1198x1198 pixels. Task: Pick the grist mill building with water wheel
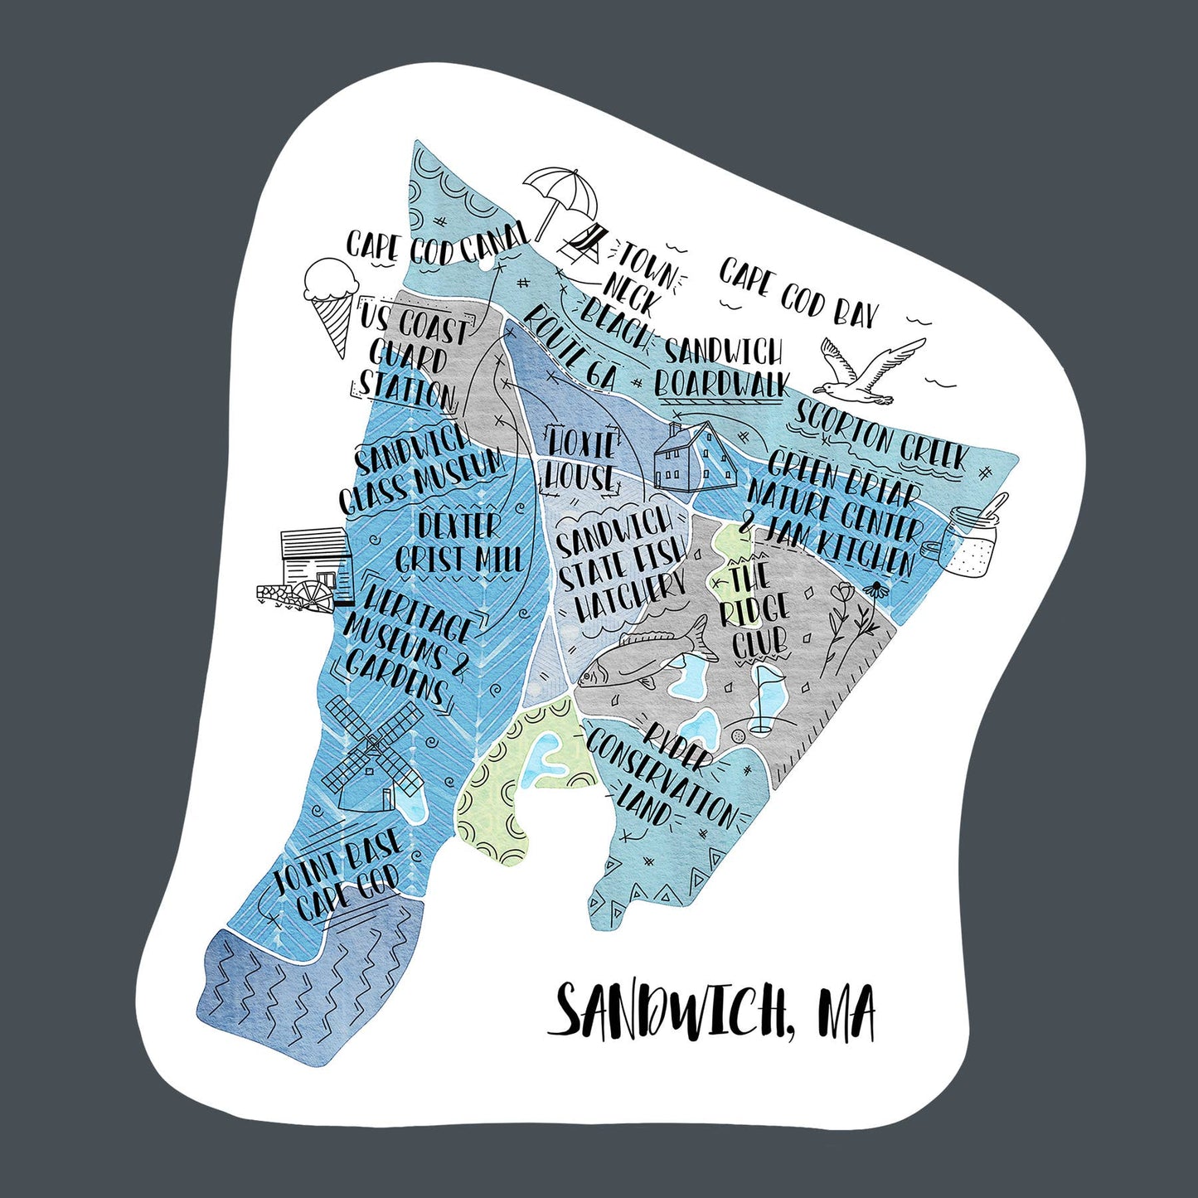306,569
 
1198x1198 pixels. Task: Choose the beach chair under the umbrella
585,242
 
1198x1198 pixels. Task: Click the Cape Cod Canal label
436,244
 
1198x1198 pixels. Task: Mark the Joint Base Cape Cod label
340,875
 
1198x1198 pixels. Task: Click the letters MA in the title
846,1012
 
